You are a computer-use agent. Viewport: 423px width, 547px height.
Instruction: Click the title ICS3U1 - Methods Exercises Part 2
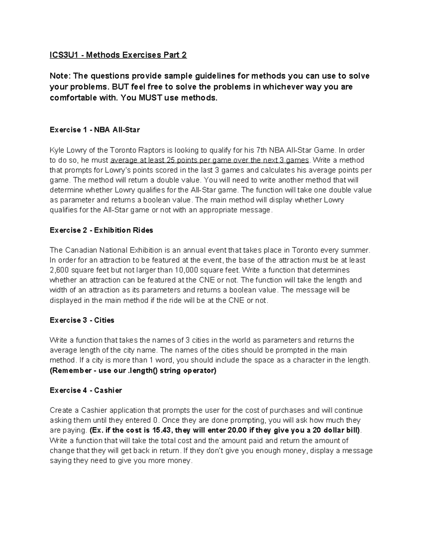[118, 55]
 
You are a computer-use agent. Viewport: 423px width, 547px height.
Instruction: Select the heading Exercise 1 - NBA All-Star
[95, 130]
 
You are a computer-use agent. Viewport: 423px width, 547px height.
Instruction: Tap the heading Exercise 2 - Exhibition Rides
[102, 230]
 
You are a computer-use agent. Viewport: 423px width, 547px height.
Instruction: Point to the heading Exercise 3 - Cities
[82, 320]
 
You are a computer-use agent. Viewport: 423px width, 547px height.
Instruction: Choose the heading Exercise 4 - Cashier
[86, 390]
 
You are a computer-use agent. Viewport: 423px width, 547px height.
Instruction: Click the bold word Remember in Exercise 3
[71, 371]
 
